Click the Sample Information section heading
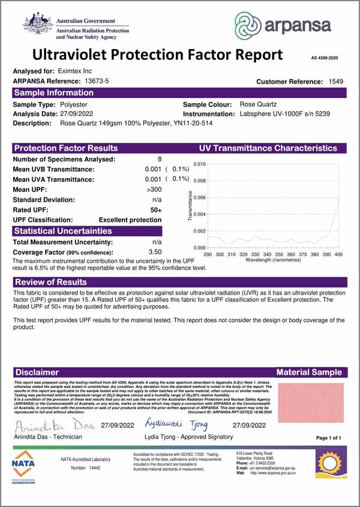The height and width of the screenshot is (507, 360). tap(54, 93)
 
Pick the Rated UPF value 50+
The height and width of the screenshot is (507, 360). tap(156, 209)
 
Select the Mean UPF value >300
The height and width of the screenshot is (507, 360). tap(154, 190)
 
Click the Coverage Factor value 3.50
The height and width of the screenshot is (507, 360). tap(155, 251)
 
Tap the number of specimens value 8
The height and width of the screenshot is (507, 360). tap(160, 159)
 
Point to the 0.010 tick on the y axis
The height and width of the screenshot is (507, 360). tap(199, 164)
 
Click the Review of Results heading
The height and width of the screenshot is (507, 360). tap(51, 282)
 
